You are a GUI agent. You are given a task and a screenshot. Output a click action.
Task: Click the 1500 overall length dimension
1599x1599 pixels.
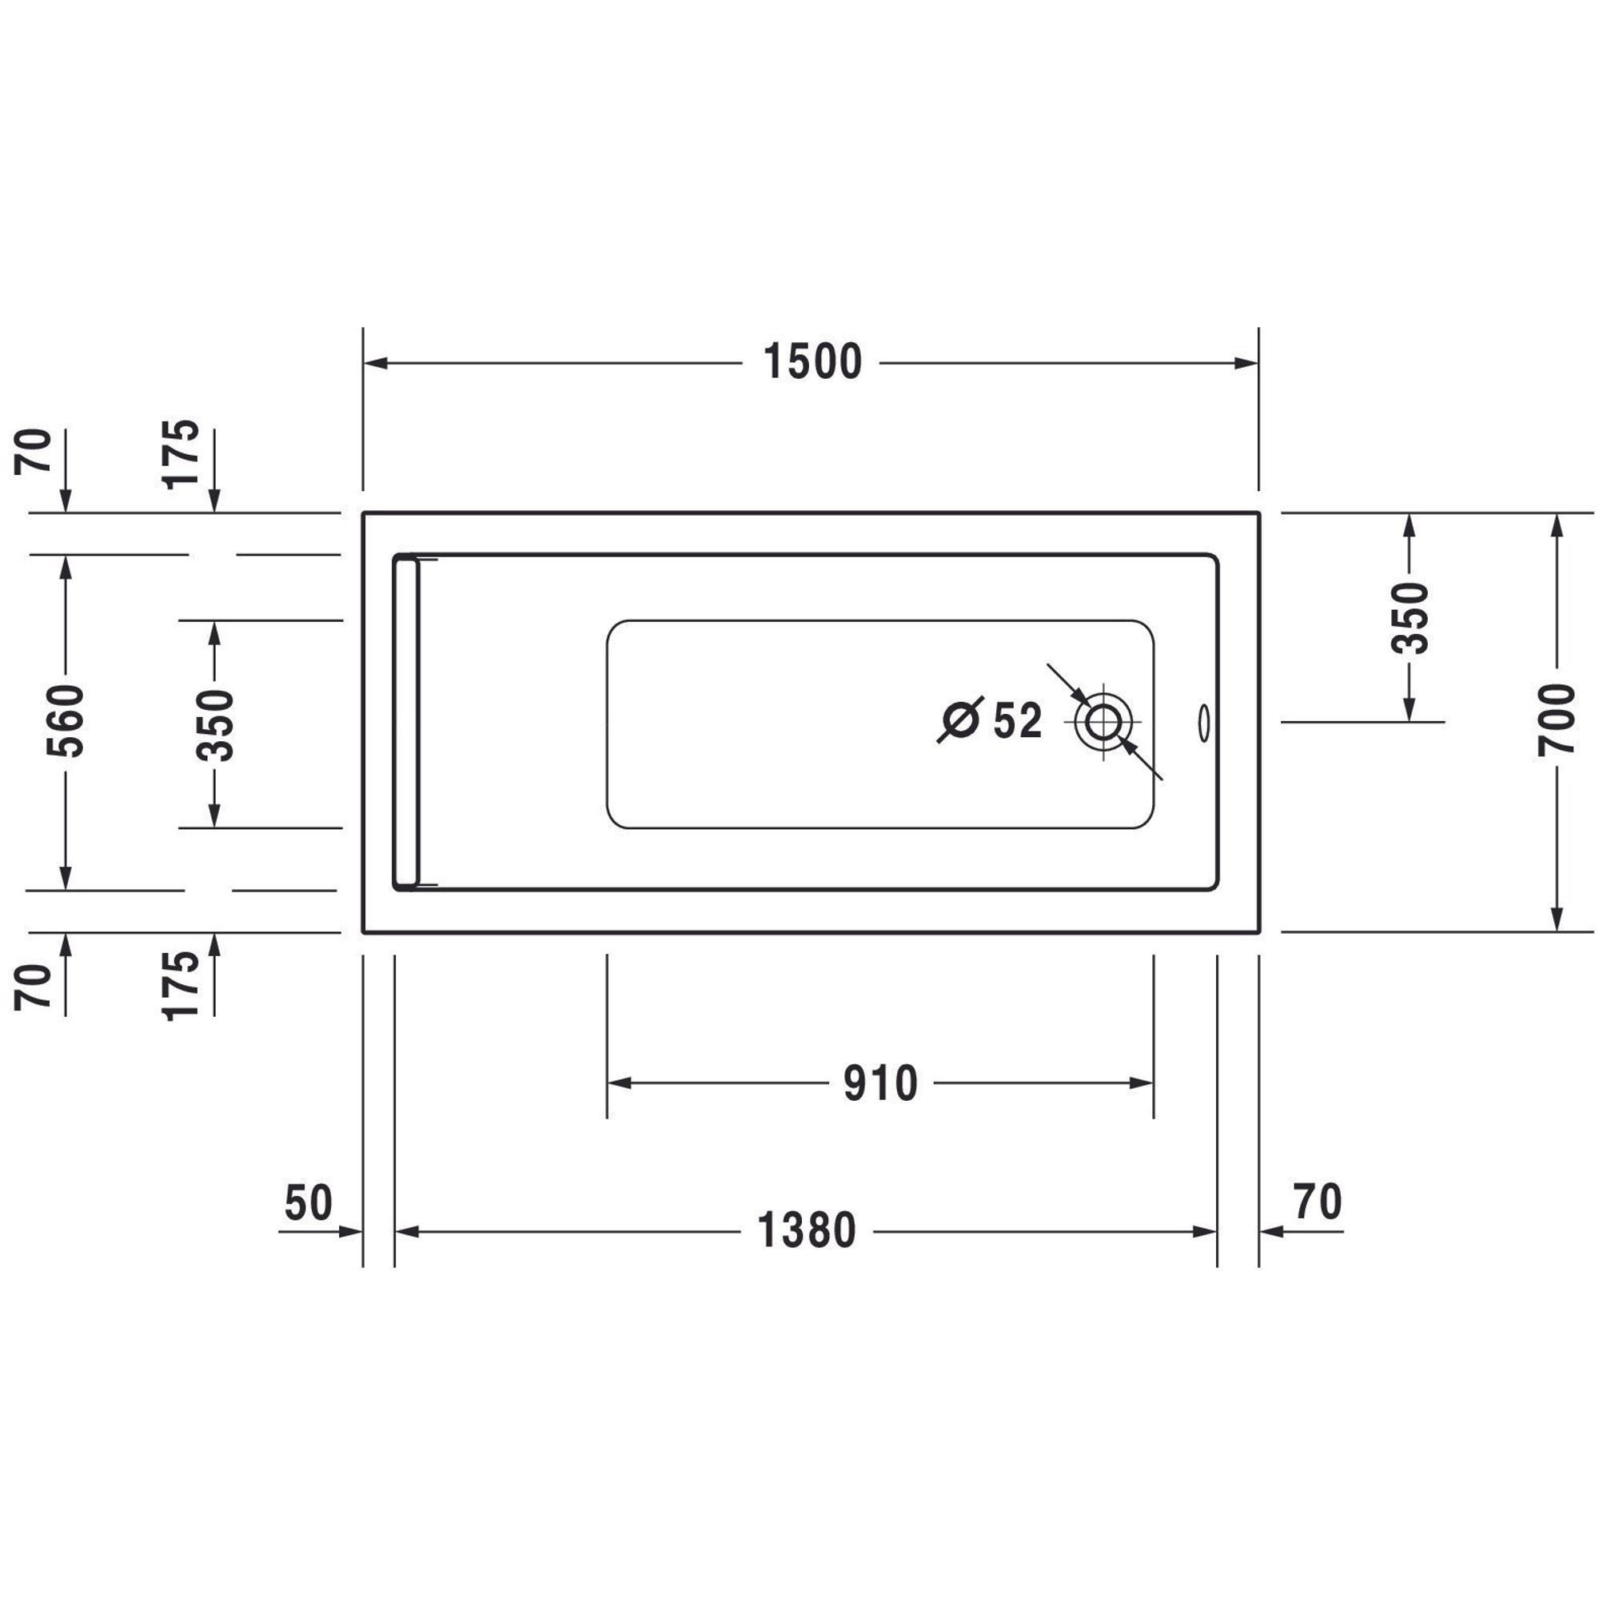[812, 362]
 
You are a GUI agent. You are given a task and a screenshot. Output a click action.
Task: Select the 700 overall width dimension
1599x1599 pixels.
[1557, 720]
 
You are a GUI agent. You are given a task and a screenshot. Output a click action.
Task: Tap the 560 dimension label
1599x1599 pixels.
[66, 721]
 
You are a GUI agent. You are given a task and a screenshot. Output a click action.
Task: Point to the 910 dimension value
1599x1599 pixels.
[880, 1083]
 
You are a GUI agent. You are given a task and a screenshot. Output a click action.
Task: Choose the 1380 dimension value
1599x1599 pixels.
[807, 1231]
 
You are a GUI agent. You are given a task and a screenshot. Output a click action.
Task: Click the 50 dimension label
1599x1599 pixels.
[308, 1202]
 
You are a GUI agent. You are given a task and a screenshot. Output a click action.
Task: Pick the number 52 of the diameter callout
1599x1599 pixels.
[1017, 721]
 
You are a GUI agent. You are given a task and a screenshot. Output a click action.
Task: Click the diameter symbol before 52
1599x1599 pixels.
[960, 720]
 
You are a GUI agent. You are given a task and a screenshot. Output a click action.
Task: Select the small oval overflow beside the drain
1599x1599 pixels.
[1203, 724]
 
